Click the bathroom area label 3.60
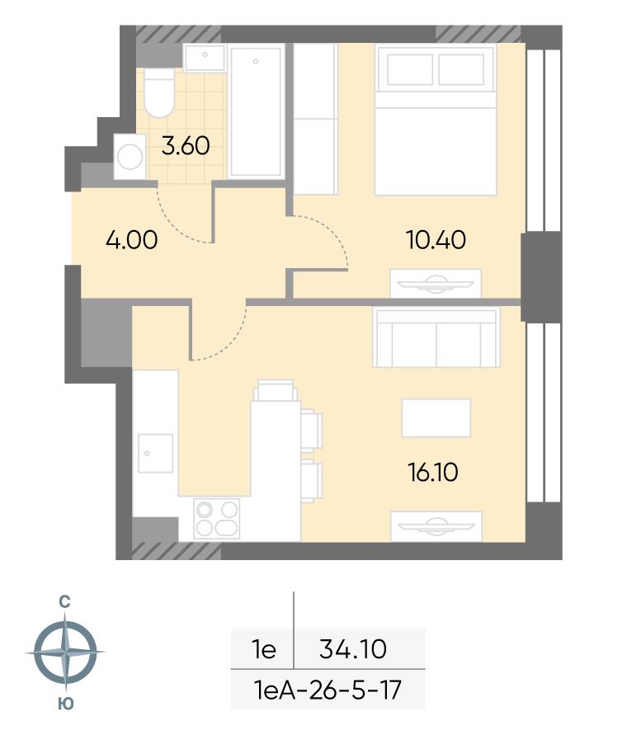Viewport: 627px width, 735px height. click(x=186, y=145)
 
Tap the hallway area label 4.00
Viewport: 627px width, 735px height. click(x=132, y=240)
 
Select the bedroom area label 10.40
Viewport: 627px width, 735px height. click(x=436, y=240)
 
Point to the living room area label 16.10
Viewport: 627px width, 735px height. click(x=433, y=472)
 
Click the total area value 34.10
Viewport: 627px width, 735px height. click(x=353, y=649)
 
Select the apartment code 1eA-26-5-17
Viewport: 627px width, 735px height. click(x=328, y=690)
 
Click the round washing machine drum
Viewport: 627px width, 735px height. click(x=130, y=156)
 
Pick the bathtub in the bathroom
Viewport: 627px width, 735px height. click(x=256, y=111)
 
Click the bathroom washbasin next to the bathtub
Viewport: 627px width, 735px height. click(x=205, y=58)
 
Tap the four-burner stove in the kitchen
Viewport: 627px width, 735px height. click(x=217, y=518)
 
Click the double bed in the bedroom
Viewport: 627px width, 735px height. click(x=436, y=120)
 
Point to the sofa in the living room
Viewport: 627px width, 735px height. click(x=436, y=337)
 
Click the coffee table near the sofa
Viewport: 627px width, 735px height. click(x=436, y=417)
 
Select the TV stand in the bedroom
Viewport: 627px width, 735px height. click(x=436, y=283)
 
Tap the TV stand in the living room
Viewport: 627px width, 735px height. click(x=436, y=526)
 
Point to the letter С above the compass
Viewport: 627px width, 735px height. click(x=64, y=601)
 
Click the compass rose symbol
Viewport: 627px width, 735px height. click(x=65, y=652)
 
